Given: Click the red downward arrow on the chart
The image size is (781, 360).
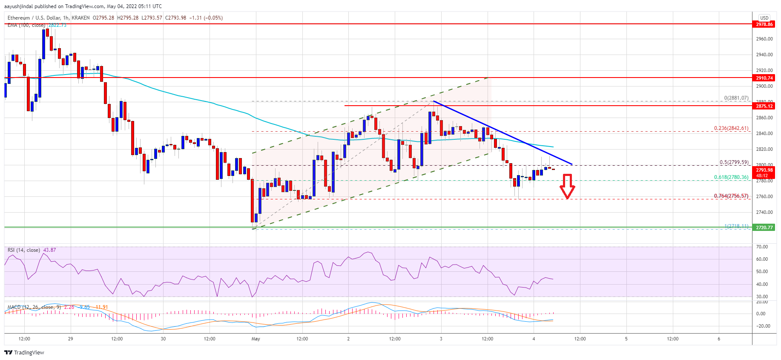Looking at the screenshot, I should tap(567, 187).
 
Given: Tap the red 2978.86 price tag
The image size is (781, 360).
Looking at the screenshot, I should tap(764, 24).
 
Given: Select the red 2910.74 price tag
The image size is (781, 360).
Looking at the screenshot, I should tap(764, 78).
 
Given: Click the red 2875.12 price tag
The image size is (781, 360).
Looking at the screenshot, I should tap(764, 106).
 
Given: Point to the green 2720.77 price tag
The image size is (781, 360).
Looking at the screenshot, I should tap(764, 228).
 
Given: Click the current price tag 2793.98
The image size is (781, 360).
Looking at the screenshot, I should tap(764, 170).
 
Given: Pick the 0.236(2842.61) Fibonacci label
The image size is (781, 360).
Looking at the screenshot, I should tap(731, 128).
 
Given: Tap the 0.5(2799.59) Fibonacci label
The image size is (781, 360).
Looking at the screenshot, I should tap(734, 162).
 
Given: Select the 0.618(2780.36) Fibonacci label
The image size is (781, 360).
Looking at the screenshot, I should tap(731, 177).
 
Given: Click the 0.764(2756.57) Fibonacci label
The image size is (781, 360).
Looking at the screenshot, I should tap(731, 196).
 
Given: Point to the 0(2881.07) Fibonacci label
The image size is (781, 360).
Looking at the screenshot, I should tap(736, 98).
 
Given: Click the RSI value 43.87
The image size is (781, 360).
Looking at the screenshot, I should tap(49, 250).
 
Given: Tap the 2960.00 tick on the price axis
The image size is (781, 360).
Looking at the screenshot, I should tap(764, 39).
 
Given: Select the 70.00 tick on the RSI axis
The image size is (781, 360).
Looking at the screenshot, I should tap(762, 247).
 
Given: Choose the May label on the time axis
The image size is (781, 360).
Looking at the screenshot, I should tap(256, 339).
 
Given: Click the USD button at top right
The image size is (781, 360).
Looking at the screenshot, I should tap(764, 18).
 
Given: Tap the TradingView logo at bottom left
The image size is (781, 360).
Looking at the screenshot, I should tap(24, 352).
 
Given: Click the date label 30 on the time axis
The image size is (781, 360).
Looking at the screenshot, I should tap(163, 339).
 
